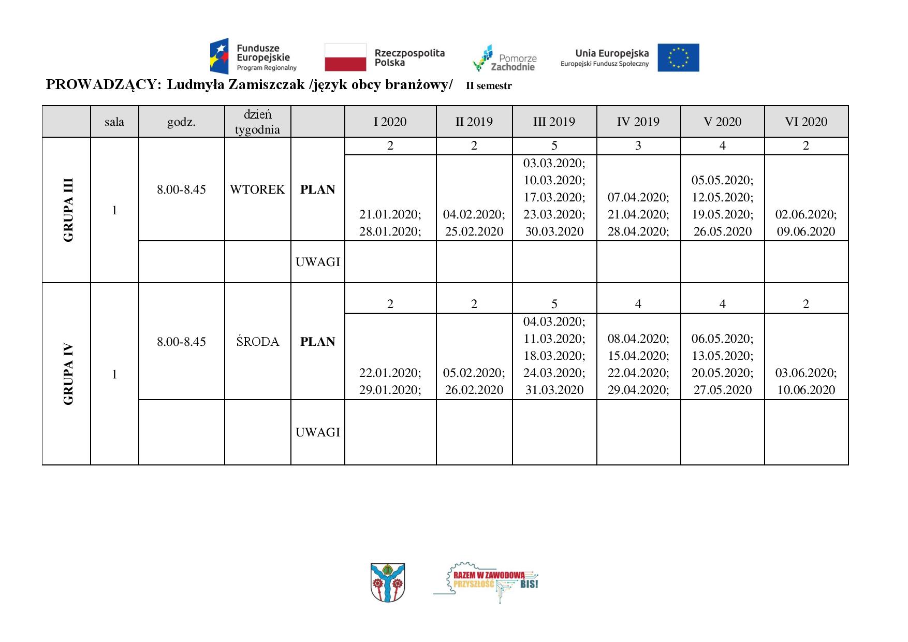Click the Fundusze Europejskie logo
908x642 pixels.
253,56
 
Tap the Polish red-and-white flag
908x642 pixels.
346,57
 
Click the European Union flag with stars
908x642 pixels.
678,57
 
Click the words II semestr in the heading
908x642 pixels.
488,86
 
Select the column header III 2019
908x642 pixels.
554,122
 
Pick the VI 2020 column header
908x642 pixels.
806,122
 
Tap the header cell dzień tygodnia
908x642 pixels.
257,122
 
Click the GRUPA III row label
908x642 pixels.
68,210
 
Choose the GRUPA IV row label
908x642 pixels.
68,374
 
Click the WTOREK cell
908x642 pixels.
257,189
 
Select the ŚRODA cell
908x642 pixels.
257,342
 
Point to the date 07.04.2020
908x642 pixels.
638,197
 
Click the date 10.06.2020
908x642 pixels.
806,390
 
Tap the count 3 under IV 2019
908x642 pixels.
638,146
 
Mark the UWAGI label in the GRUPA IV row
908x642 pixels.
317,432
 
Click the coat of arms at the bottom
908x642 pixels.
388,582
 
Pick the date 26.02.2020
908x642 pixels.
474,390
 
